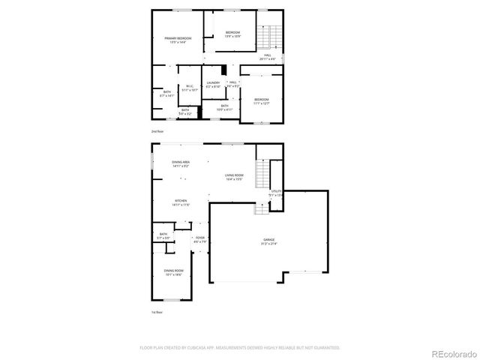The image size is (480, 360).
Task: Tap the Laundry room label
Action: pyautogui.click(x=213, y=84)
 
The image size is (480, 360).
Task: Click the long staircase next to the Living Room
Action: pyautogui.click(x=262, y=175)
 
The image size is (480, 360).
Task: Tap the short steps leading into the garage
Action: pyautogui.click(x=260, y=209)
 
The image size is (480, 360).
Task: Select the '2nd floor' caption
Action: pyautogui.click(x=157, y=131)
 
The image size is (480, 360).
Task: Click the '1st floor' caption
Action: pyautogui.click(x=157, y=311)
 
